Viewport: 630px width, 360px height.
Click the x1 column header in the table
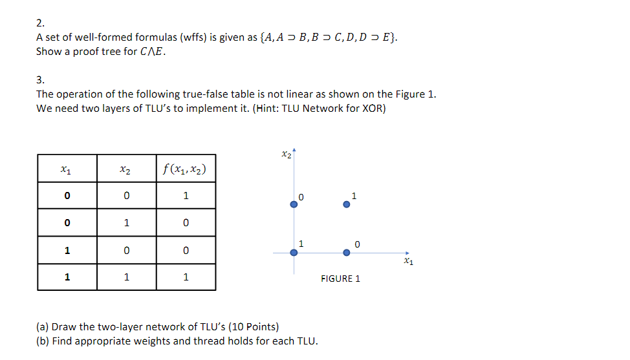[67, 169]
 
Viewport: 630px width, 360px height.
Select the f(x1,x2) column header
[186, 169]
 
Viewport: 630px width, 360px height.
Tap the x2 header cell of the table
[126, 169]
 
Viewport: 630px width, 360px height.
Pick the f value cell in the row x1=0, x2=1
[186, 222]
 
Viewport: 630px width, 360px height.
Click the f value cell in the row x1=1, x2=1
[186, 277]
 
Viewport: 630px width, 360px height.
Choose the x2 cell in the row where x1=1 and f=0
[126, 250]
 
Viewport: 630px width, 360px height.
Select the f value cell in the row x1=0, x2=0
[186, 195]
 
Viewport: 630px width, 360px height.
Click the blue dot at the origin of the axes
[294, 253]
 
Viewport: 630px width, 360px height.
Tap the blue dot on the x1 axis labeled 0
[347, 253]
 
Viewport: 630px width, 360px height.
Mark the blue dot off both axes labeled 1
[347, 204]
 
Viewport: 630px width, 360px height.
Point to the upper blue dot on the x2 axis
[294, 204]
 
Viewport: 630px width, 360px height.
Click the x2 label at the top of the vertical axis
[287, 154]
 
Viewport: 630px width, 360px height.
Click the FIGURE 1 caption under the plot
[340, 279]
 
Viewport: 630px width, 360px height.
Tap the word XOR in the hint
[373, 108]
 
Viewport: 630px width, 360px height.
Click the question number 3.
[40, 80]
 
